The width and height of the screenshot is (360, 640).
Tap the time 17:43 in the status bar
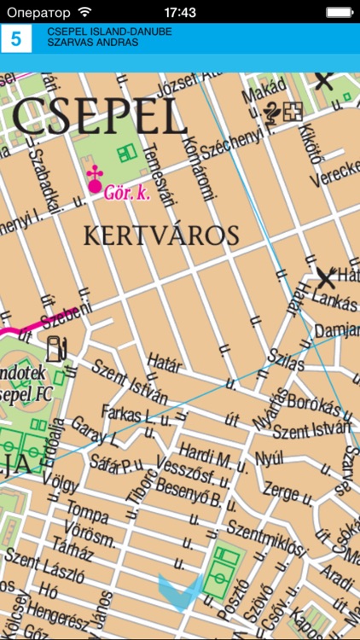point(180,12)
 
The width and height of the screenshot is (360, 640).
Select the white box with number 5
point(15,38)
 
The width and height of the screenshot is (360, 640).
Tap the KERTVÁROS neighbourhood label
point(160,235)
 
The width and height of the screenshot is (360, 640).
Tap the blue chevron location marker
point(180,588)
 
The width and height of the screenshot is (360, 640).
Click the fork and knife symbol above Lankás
point(326,275)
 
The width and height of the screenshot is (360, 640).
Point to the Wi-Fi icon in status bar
point(84,12)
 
